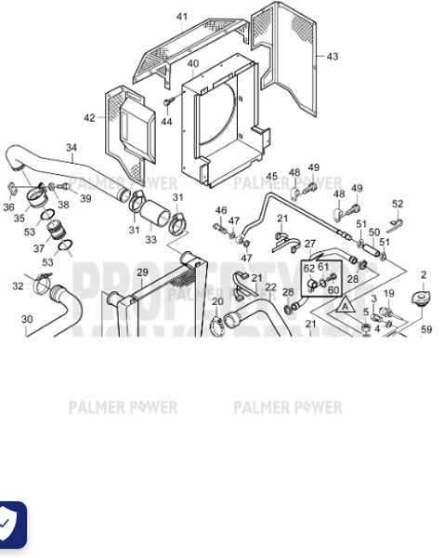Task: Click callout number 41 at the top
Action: click(x=181, y=17)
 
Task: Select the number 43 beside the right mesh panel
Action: click(x=333, y=56)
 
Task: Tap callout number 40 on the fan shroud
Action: click(x=192, y=63)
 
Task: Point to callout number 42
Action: click(x=89, y=118)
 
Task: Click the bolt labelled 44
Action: click(x=167, y=103)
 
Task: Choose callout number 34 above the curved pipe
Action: click(x=72, y=147)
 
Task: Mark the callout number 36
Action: click(x=8, y=207)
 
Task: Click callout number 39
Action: click(x=85, y=198)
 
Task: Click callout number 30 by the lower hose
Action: click(x=26, y=319)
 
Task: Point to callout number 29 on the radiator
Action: click(x=142, y=272)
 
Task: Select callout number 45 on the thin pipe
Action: click(x=271, y=176)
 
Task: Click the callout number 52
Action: click(x=398, y=204)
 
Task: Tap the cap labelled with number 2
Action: click(x=424, y=299)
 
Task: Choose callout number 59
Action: click(x=426, y=328)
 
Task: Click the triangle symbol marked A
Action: click(x=344, y=303)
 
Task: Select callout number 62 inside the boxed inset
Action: click(x=308, y=268)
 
